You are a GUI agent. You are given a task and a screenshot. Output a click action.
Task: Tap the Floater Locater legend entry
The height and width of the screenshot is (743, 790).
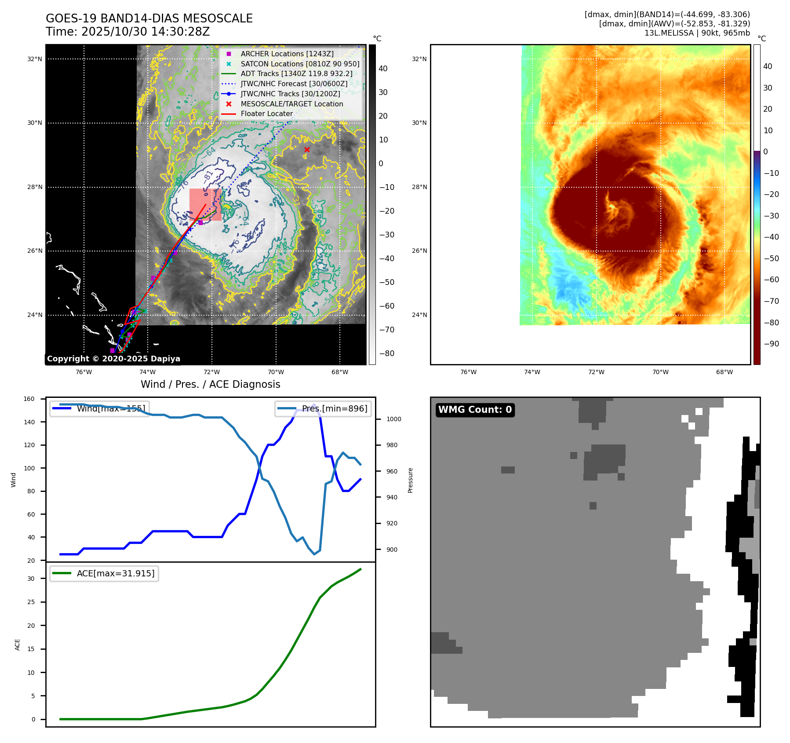pyautogui.click(x=266, y=113)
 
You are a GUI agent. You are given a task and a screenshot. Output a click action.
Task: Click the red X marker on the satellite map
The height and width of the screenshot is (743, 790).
pyautogui.click(x=307, y=150)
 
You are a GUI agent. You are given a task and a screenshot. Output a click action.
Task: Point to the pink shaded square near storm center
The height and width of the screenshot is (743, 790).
pyautogui.click(x=205, y=204)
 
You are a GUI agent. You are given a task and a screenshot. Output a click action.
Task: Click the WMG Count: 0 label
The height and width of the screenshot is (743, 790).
pyautogui.click(x=475, y=410)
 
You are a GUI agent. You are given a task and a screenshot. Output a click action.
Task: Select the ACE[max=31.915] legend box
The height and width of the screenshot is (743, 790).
pyautogui.click(x=104, y=573)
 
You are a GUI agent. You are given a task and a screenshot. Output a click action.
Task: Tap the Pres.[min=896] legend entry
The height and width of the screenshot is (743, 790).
pyautogui.click(x=323, y=408)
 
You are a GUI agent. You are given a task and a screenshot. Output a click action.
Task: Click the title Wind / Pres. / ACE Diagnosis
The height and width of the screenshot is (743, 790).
pyautogui.click(x=210, y=384)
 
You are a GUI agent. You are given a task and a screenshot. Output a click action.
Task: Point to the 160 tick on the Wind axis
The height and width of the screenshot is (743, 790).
pyautogui.click(x=29, y=399)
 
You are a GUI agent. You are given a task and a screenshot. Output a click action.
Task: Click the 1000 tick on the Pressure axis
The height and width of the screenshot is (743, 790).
pyautogui.click(x=393, y=419)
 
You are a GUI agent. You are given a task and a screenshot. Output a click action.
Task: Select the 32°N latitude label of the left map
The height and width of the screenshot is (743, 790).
pyautogui.click(x=35, y=59)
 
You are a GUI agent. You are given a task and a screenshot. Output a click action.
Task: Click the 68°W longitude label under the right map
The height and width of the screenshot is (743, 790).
pyautogui.click(x=724, y=372)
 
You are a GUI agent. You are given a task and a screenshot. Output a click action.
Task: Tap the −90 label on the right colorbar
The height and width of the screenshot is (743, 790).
pyautogui.click(x=771, y=344)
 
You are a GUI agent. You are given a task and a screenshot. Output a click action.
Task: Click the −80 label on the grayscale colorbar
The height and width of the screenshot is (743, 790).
pyautogui.click(x=386, y=353)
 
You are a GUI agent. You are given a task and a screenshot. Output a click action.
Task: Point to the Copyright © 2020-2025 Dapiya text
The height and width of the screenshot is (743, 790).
pyautogui.click(x=113, y=359)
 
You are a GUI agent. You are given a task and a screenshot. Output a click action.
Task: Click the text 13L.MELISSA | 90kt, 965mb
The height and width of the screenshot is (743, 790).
pyautogui.click(x=697, y=33)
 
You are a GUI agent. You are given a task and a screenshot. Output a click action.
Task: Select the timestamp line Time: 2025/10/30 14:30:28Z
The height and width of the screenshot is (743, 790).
pyautogui.click(x=127, y=32)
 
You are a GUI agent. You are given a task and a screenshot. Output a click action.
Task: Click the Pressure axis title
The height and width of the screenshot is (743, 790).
pyautogui.click(x=410, y=480)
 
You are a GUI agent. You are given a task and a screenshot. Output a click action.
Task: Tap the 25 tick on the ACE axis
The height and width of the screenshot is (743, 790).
pyautogui.click(x=31, y=602)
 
